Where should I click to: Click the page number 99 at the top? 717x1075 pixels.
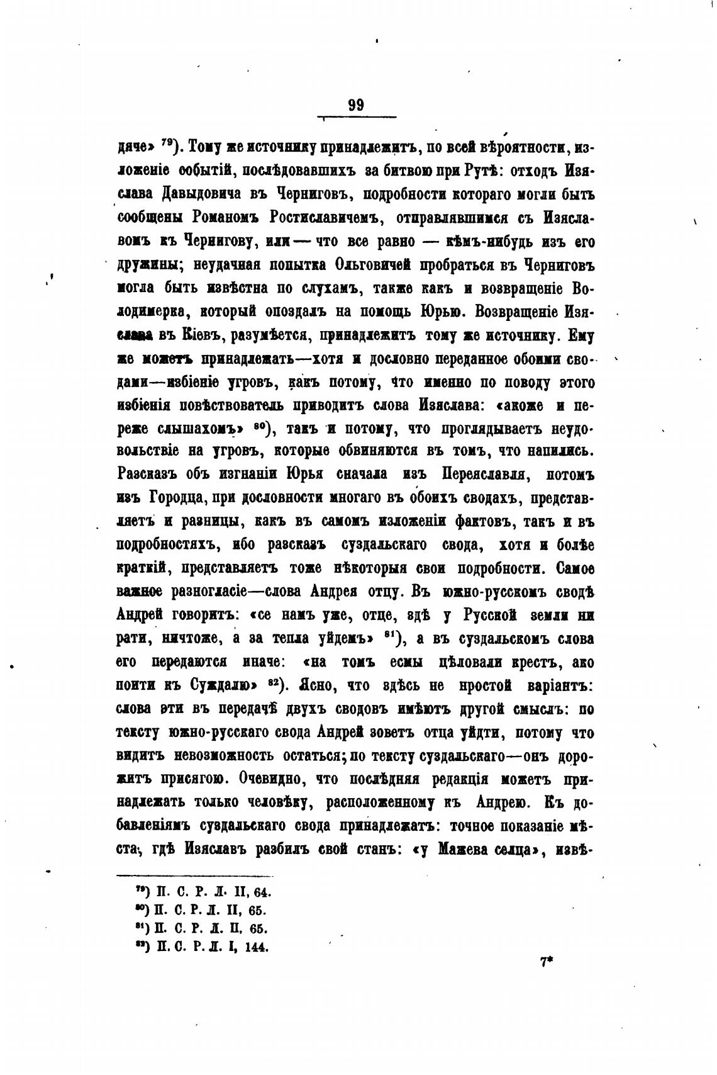click(x=356, y=105)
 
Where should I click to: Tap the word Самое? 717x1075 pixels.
click(x=575, y=569)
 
